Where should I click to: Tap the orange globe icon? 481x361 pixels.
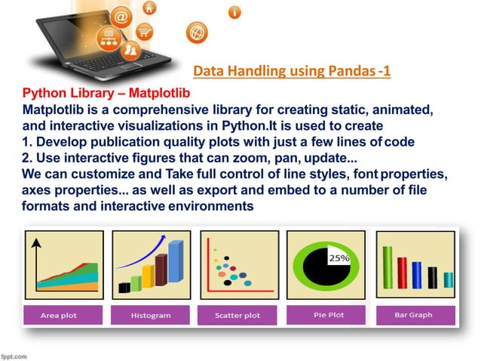point(196,32)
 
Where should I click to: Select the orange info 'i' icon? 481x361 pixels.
point(236,13)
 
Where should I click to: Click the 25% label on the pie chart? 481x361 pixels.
point(338,258)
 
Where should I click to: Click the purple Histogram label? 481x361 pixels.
point(150,315)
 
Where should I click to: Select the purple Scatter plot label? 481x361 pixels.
point(237,315)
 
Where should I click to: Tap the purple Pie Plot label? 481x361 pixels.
point(328,314)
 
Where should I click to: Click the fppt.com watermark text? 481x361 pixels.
point(15,354)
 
